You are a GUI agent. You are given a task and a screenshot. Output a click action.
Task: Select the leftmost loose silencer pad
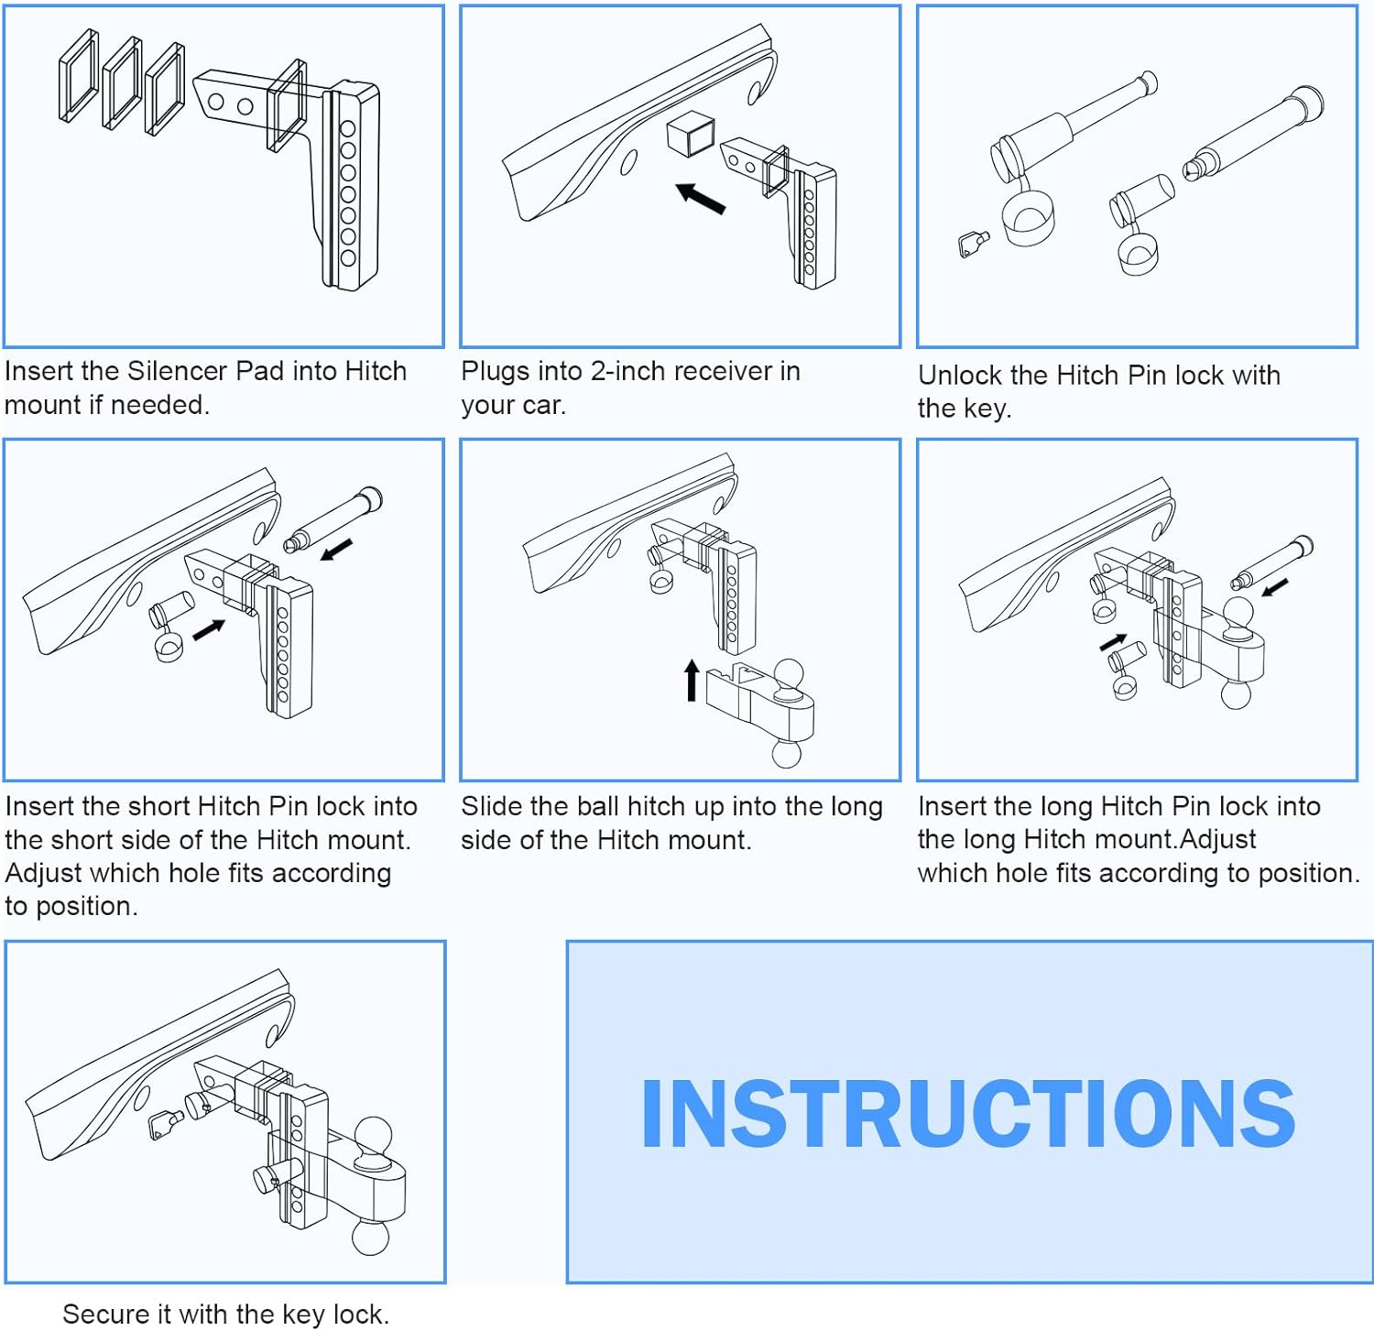tap(79, 75)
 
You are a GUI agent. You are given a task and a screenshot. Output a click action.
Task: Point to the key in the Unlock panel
tap(973, 245)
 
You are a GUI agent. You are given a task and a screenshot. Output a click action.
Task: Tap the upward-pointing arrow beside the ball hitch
tap(692, 681)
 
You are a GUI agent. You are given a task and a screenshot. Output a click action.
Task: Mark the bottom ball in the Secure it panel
tap(372, 1238)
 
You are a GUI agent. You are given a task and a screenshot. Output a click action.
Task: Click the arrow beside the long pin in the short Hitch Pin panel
tap(336, 550)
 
